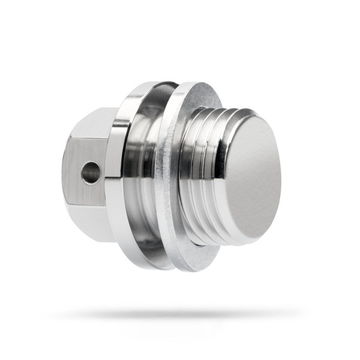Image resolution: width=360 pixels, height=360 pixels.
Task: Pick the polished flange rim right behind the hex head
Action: [x=120, y=174]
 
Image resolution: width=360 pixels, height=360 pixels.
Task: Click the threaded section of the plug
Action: [x=204, y=174]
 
